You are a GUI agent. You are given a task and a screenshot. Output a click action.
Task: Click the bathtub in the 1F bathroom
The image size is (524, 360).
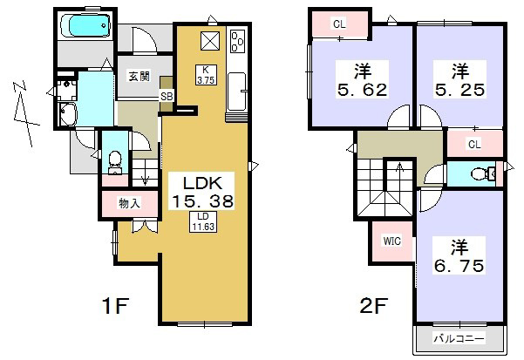pyautogui.click(x=86, y=24)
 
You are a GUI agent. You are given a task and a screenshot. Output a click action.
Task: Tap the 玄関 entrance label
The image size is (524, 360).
pyautogui.click(x=139, y=77)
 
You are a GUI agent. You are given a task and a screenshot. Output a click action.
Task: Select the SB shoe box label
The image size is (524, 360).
pyautogui.click(x=167, y=97)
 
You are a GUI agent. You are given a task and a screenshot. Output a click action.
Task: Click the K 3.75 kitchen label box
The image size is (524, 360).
pyautogui.click(x=206, y=74)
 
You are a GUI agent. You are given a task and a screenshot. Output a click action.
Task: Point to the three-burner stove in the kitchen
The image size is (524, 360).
pyautogui.click(x=238, y=40)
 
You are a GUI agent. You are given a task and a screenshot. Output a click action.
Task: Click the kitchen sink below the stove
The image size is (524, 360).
pyautogui.click(x=237, y=92)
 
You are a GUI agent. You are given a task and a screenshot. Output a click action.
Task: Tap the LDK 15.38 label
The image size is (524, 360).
pyautogui.click(x=202, y=192)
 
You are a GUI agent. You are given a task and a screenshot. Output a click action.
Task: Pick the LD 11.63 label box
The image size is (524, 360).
pyautogui.click(x=203, y=221)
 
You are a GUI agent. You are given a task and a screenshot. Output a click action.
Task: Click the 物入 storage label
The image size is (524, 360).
pyautogui.click(x=129, y=203)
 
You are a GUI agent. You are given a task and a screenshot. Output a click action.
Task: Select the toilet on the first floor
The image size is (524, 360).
pyautogui.click(x=115, y=162)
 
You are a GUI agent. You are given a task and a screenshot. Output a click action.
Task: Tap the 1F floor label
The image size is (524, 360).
pyautogui.click(x=114, y=305)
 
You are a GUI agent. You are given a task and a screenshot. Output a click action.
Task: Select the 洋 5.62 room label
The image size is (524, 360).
pyautogui.click(x=363, y=80)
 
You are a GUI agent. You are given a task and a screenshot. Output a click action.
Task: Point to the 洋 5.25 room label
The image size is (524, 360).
pyautogui.click(x=459, y=80)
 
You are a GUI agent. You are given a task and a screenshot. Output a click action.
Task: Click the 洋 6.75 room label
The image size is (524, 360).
pyautogui.click(x=459, y=255)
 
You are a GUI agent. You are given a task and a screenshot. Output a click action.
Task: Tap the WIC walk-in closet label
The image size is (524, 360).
pyautogui.click(x=392, y=241)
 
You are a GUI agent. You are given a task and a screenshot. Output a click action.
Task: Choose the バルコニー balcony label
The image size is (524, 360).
pyautogui.click(x=459, y=339)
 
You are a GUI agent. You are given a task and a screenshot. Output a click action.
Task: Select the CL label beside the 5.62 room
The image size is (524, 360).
pyautogui.click(x=339, y=24)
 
